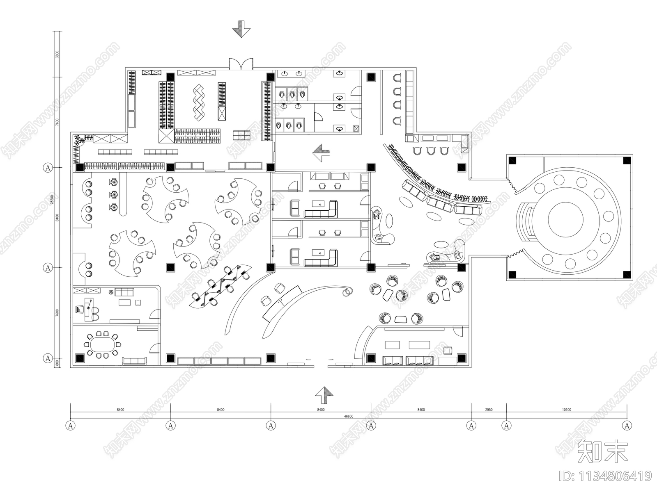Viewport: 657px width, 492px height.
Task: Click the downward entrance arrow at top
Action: pyautogui.click(x=241, y=29)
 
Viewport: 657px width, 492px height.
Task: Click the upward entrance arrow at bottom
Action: pyautogui.click(x=324, y=396)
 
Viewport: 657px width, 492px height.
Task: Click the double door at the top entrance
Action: pyautogui.click(x=241, y=64)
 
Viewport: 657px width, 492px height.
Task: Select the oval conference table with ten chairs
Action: pyautogui.click(x=103, y=345)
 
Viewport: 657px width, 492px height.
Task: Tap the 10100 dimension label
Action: pyautogui.click(x=566, y=410)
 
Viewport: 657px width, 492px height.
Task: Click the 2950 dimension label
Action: pyautogui.click(x=489, y=410)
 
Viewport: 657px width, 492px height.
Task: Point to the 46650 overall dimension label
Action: pyautogui.click(x=348, y=416)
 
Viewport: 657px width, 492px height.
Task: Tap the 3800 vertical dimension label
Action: pyautogui.click(x=57, y=54)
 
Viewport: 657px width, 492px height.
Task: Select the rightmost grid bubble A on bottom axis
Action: pyautogui.click(x=627, y=426)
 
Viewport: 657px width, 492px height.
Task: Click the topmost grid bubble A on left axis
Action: pyautogui.click(x=48, y=167)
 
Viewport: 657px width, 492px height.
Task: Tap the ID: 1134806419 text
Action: pyautogui.click(x=606, y=476)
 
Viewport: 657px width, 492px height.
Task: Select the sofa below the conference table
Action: pyautogui.click(x=135, y=361)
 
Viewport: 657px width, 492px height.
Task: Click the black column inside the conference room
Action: pyautogui.click(x=80, y=358)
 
